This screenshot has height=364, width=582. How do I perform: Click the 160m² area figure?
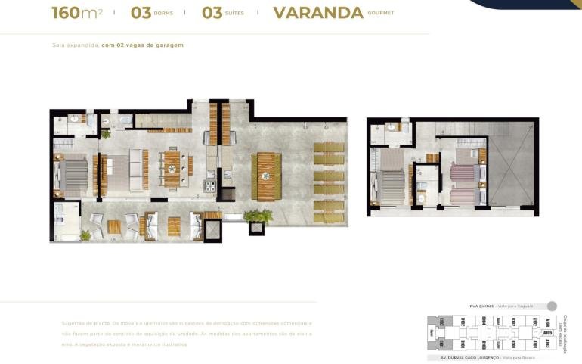tap(76, 13)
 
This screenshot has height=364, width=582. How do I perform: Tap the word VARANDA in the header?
tap(318, 13)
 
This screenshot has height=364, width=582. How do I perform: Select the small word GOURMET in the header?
tap(381, 13)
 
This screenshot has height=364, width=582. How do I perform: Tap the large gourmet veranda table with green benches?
tap(265, 176)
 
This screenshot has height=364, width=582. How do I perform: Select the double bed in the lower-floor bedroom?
tap(73, 175)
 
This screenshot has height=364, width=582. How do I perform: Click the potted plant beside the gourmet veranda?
tap(258, 216)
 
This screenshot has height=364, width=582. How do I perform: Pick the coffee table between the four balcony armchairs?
tap(114, 226)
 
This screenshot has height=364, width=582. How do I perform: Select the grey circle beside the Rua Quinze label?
tap(552, 306)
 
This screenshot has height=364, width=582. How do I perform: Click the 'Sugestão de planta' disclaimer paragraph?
tap(186, 333)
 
